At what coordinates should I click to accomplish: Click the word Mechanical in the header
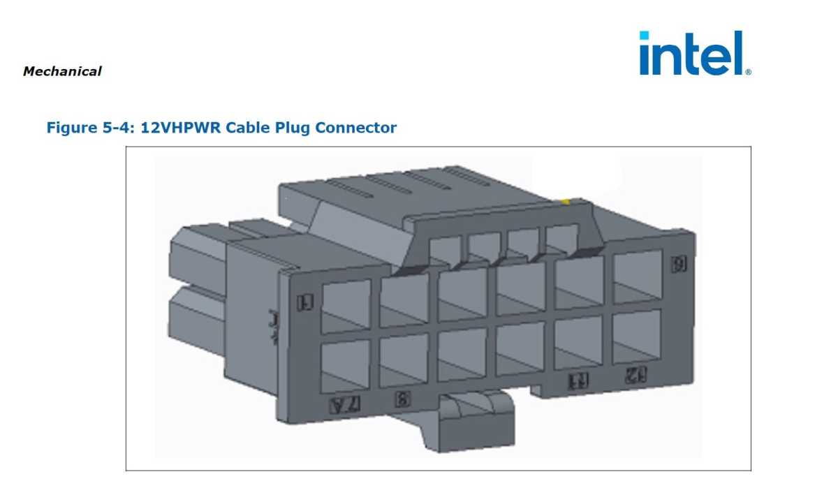[x=62, y=71]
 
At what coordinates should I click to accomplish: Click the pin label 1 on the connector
[x=304, y=302]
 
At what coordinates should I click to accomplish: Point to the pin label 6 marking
[x=677, y=264]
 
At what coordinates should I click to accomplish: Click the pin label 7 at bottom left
[x=348, y=404]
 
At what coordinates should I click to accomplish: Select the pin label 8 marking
[x=402, y=399]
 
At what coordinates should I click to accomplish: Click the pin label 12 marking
[x=634, y=374]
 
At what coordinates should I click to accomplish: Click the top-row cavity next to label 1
[x=345, y=306]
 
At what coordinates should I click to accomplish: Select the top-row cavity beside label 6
[x=637, y=276]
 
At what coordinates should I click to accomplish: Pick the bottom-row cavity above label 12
[x=636, y=337]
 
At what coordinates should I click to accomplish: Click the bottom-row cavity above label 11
[x=578, y=342]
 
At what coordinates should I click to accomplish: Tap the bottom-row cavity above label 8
[x=404, y=359]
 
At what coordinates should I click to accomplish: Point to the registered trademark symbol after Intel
[x=748, y=71]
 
